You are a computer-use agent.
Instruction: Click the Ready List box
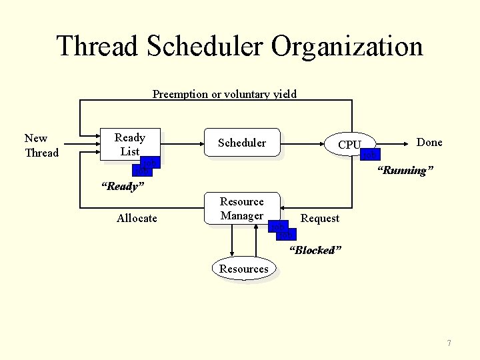[129, 144]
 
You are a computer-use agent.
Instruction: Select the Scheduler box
[242, 143]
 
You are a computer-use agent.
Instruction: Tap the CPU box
[349, 144]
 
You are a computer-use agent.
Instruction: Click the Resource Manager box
[241, 208]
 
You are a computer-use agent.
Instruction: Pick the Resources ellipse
[244, 269]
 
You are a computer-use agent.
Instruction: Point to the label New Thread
[41, 145]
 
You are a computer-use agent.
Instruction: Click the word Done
[429, 142]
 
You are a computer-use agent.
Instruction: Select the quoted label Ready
[122, 186]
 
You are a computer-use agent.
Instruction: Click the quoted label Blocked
[315, 250]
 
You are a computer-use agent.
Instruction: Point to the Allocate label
[137, 218]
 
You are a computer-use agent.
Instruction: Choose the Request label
[320, 218]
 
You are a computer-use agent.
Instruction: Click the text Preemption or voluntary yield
[225, 94]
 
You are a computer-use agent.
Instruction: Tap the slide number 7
[449, 343]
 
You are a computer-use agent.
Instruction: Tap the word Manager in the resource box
[241, 215]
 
